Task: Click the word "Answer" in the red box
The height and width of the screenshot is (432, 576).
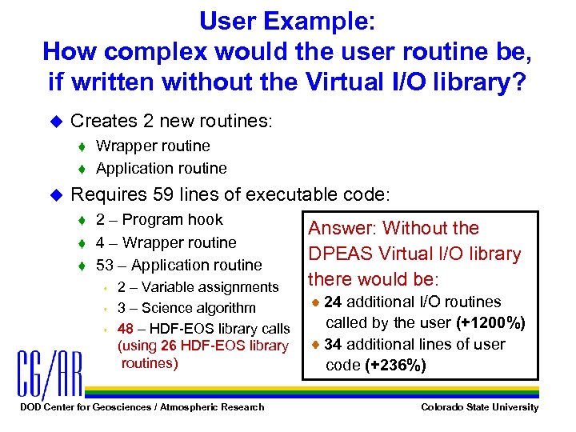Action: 335,229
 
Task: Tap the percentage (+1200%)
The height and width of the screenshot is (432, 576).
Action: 490,323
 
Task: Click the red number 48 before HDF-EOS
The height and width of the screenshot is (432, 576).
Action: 125,329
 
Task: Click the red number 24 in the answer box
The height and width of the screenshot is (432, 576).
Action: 333,302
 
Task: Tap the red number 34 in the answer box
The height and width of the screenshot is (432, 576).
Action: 333,345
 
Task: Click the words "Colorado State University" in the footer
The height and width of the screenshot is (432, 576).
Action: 480,407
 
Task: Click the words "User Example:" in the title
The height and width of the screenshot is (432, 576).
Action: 287,20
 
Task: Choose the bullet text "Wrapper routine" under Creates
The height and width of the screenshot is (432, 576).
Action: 153,146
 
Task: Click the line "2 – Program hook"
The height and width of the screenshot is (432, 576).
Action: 158,220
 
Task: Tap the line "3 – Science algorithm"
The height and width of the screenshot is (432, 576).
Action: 186,308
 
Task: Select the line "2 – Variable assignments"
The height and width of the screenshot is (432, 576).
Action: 198,287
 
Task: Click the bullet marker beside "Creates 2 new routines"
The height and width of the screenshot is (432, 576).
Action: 54,122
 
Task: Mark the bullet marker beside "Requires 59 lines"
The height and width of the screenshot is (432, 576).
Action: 54,194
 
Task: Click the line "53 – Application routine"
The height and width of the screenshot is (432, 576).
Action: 178,265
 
